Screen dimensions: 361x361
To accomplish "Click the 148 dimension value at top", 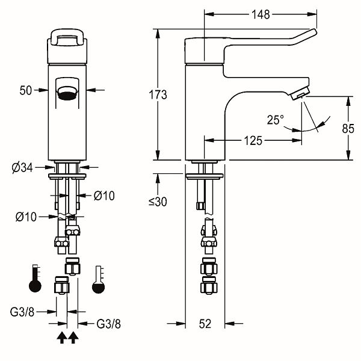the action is [261, 14].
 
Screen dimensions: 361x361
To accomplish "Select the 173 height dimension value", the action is [158, 94].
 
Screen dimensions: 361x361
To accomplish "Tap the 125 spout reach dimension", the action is [253, 140].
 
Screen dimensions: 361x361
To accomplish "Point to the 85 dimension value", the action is [348, 129].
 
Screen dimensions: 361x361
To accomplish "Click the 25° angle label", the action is [276, 120].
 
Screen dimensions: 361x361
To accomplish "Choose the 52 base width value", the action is [205, 324].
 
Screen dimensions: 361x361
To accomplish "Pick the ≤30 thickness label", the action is [158, 202].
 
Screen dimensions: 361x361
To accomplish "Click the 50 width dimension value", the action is [25, 90].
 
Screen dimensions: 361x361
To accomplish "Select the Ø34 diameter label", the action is [22, 168].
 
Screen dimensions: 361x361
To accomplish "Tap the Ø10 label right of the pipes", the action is [104, 196].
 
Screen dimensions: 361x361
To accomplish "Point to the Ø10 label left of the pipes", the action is [26, 217].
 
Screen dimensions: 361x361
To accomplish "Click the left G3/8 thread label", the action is [22, 312].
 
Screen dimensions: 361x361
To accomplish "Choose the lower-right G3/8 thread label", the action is [108, 324].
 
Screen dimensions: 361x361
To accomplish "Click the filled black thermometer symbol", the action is [35, 279].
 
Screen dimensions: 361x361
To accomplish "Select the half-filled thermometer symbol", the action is [98, 280].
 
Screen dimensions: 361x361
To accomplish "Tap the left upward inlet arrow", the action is [62, 338].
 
